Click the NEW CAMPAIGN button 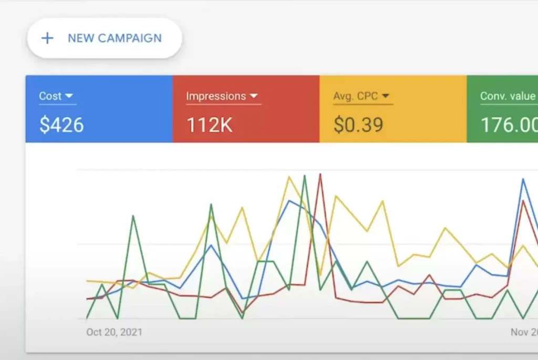coord(104,38)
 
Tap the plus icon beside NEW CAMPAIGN coord(47,38)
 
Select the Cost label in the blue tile coord(50,96)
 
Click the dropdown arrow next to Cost coord(69,96)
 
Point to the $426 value coord(61,125)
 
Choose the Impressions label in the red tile coord(216,96)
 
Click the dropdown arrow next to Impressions coord(254,96)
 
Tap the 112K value coord(210,125)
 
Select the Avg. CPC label coord(356,96)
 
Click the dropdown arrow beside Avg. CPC coord(385,96)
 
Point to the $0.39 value coord(358,125)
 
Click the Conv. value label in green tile coord(508,96)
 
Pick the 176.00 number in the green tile coord(509,125)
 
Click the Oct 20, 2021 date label coord(114,332)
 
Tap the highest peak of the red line coord(320,175)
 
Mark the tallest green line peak coord(305,176)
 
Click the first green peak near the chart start coord(133,216)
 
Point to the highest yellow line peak coord(288,177)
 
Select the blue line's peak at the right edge coord(523,180)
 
